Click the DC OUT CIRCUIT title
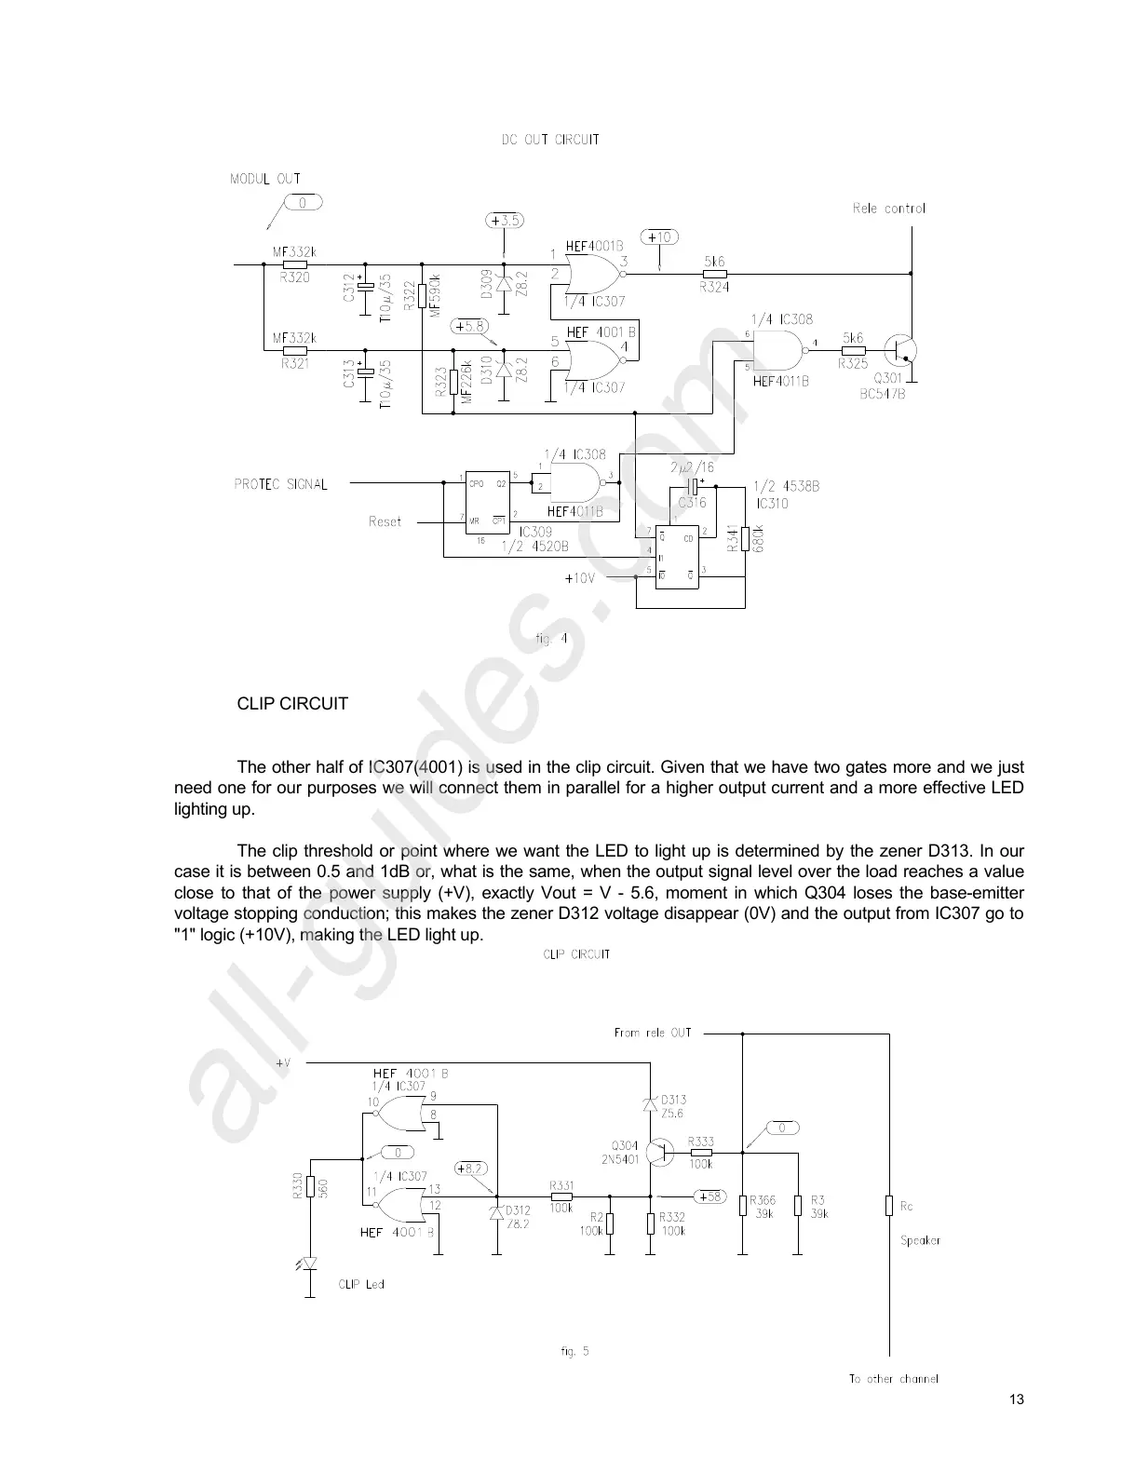(x=550, y=140)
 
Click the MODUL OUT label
(x=265, y=179)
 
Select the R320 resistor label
(x=295, y=277)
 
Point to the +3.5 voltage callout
(x=505, y=221)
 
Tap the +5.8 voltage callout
(x=469, y=327)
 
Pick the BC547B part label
(x=883, y=394)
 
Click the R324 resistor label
(x=714, y=289)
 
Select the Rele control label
(x=888, y=209)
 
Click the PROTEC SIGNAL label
(x=280, y=484)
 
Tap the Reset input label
(x=385, y=521)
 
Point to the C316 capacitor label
(x=692, y=503)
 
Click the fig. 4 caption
(x=551, y=640)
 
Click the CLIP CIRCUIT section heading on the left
(x=292, y=704)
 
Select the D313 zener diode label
(x=673, y=1100)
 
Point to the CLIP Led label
(x=360, y=1284)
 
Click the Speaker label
(x=920, y=1240)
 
